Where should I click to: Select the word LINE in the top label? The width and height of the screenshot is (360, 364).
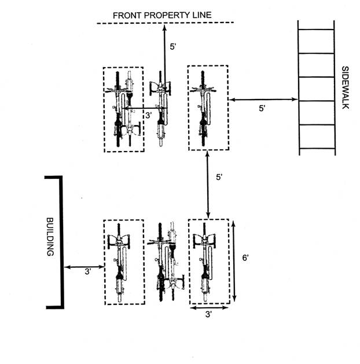pyautogui.click(x=198, y=14)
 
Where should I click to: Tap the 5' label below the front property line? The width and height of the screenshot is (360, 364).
pyautogui.click(x=172, y=45)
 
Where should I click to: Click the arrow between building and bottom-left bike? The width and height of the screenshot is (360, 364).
pyautogui.click(x=83, y=267)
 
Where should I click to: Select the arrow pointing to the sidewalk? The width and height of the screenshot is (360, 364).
pyautogui.click(x=263, y=100)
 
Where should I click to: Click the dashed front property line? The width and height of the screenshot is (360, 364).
pyautogui.click(x=165, y=23)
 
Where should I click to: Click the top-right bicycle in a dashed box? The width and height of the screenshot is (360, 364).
pyautogui.click(x=203, y=108)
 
